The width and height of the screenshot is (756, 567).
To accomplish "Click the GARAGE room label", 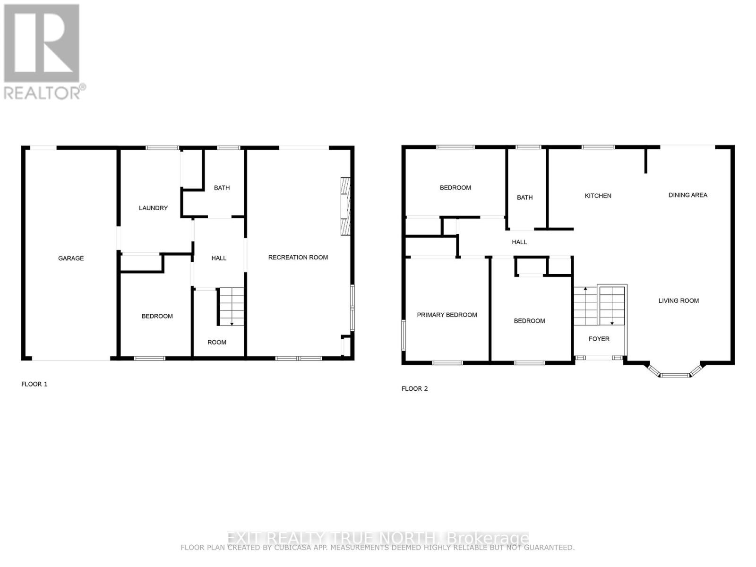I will coord(71,258).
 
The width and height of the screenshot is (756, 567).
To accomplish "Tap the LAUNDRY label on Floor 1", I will coord(153,208).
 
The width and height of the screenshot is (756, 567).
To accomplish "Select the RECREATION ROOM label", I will coord(298,258).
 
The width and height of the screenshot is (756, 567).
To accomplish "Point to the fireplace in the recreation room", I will coord(346,206).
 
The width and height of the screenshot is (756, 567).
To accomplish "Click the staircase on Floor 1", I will coord(231,307).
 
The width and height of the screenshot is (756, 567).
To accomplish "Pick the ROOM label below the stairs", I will coord(217,342).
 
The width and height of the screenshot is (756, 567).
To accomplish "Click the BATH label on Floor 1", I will coord(222,188).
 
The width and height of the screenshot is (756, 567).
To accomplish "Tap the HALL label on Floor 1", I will coord(219,258).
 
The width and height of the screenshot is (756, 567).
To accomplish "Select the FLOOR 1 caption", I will coord(34,384).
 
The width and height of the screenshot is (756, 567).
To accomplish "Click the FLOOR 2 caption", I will coord(414,389).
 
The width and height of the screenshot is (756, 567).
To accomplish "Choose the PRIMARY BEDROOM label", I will coord(447,315).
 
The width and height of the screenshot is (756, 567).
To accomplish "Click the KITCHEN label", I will coord(598,196).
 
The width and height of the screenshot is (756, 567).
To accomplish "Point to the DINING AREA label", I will coord(688,195).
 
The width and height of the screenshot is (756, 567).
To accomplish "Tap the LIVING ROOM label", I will coord(679,301).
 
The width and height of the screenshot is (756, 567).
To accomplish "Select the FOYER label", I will coord(599,339).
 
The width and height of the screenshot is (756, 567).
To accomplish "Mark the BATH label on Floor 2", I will coord(524,198).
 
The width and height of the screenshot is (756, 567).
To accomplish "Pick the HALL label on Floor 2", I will coord(519,242).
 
